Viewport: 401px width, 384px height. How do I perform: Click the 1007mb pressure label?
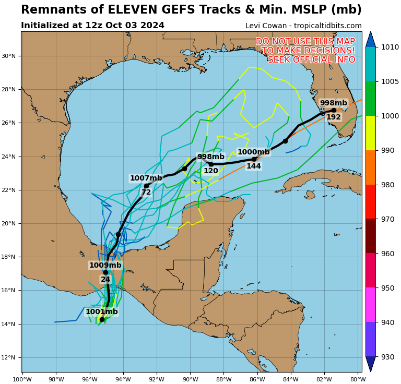pyautogui.click(x=146, y=178)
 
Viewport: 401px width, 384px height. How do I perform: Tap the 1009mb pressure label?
pyautogui.click(x=105, y=265)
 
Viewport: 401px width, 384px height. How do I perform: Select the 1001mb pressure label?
pyautogui.click(x=102, y=312)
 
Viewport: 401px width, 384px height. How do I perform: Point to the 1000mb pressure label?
pyautogui.click(x=254, y=152)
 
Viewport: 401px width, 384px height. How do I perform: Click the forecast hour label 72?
pyautogui.click(x=146, y=193)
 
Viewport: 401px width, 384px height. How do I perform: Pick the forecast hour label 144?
pyautogui.click(x=254, y=166)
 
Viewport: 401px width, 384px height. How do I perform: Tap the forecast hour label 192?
pyautogui.click(x=334, y=117)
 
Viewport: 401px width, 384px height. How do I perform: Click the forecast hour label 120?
pyautogui.click(x=211, y=171)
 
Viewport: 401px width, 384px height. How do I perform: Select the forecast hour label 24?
pyautogui.click(x=105, y=280)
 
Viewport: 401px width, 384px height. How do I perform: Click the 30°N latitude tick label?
pyautogui.click(x=10, y=56)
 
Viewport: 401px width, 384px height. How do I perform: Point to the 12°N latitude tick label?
pyautogui.click(x=10, y=357)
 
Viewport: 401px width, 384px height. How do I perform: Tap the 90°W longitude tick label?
pyautogui.click(x=190, y=379)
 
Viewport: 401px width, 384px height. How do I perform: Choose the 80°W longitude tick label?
pyautogui.click(x=357, y=379)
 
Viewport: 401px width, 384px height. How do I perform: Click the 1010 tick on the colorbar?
pyautogui.click(x=390, y=47)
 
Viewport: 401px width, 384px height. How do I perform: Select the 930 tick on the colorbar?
pyautogui.click(x=388, y=357)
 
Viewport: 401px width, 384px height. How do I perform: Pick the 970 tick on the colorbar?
pyautogui.click(x=388, y=219)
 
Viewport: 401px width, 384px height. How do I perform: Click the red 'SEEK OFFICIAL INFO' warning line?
pyautogui.click(x=311, y=60)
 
